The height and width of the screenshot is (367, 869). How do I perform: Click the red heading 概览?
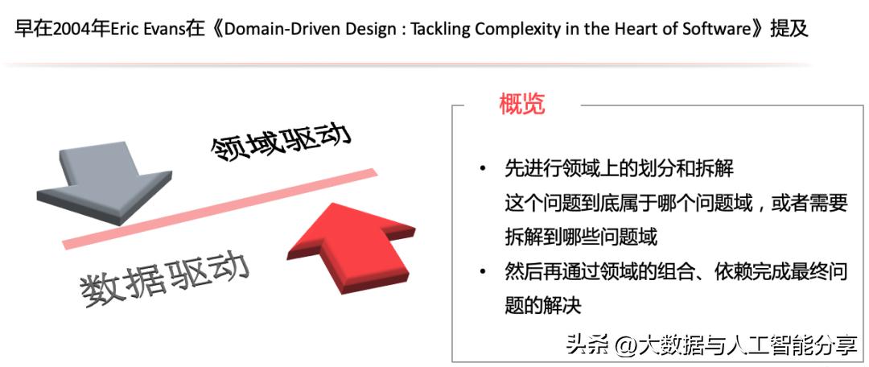(x=521, y=104)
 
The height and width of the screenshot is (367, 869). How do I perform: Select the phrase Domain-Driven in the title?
(x=277, y=29)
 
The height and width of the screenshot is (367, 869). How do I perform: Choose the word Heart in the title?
(x=640, y=29)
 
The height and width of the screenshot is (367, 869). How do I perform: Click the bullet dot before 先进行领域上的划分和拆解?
(x=483, y=169)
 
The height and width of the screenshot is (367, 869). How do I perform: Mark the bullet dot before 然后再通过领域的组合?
(x=483, y=271)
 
